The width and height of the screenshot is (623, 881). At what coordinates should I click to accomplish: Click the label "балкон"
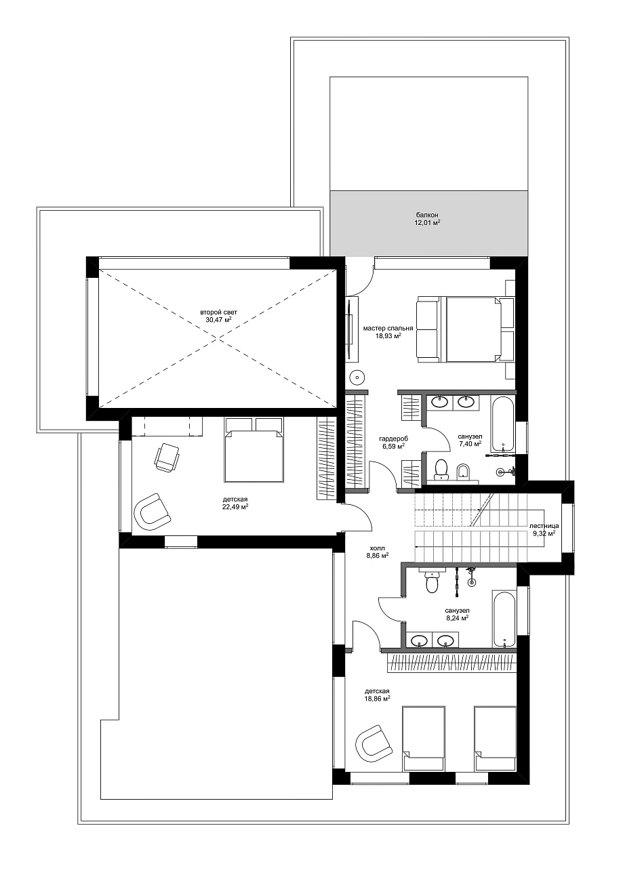tap(428, 215)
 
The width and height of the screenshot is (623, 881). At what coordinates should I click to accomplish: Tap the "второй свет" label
tap(219, 312)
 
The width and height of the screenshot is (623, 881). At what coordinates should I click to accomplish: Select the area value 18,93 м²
tap(388, 335)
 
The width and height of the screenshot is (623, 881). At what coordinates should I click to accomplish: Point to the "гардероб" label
tap(393, 438)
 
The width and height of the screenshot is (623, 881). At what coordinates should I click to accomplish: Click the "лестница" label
tap(544, 525)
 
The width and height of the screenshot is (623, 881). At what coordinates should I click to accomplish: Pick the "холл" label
tap(377, 548)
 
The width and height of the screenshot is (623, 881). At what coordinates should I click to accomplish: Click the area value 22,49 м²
tap(235, 507)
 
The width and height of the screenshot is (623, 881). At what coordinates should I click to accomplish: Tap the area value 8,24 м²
tap(457, 618)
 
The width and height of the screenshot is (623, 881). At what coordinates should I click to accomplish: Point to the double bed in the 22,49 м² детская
tap(254, 449)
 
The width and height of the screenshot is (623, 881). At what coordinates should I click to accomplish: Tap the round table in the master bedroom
tap(357, 378)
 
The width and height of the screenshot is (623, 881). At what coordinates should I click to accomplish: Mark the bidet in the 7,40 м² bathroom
tap(463, 472)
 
